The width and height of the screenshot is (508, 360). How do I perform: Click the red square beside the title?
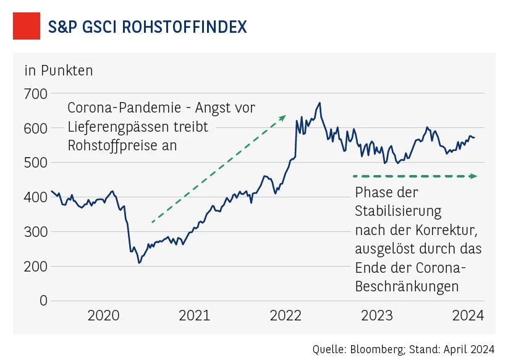click(x=27, y=27)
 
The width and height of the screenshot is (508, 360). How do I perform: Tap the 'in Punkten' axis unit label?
click(x=59, y=71)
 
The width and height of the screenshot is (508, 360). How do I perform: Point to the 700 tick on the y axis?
click(x=36, y=94)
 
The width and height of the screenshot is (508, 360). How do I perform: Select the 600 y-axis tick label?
click(x=36, y=129)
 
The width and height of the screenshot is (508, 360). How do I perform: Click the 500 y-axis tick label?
click(x=36, y=163)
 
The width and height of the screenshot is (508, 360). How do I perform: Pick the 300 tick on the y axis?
click(x=36, y=232)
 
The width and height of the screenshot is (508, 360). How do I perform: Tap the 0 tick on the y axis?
click(x=43, y=301)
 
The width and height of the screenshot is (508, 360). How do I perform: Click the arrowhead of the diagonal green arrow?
click(x=283, y=117)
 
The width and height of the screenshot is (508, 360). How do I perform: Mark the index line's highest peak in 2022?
click(x=320, y=103)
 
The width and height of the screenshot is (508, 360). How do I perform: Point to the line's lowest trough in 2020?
click(x=139, y=263)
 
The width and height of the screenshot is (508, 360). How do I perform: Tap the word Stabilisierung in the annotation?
click(x=398, y=211)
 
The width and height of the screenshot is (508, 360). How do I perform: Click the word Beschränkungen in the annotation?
click(x=407, y=287)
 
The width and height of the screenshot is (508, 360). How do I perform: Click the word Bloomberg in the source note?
click(x=377, y=349)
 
